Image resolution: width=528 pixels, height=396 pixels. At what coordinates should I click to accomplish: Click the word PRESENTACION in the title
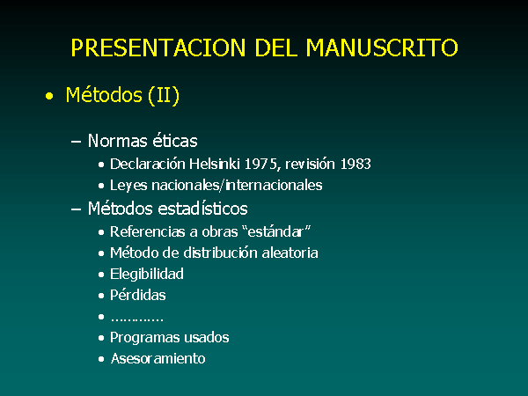coord(158,48)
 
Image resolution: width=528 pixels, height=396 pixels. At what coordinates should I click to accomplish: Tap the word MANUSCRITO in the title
coord(382,48)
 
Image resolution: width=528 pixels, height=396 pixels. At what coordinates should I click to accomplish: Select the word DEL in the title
coord(275,48)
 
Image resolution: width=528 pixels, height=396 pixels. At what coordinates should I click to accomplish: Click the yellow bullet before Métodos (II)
coord(49,97)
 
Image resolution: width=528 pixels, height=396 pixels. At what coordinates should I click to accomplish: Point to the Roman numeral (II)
coord(164,96)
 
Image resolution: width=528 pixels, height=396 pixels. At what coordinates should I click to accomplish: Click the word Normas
coord(118,141)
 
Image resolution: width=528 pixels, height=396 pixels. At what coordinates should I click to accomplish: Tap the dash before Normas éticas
coord(76,142)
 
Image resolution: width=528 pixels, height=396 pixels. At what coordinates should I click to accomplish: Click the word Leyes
coord(128,186)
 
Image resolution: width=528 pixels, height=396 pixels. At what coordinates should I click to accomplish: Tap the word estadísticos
coord(202,209)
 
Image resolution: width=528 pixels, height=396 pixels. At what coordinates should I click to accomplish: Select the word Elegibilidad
coord(147,274)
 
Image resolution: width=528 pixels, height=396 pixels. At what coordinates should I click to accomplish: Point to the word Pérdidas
coord(138,295)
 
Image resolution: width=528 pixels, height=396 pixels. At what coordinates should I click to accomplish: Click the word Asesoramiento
coord(158,359)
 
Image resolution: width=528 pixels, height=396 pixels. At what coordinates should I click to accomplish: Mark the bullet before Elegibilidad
coord(101,275)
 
